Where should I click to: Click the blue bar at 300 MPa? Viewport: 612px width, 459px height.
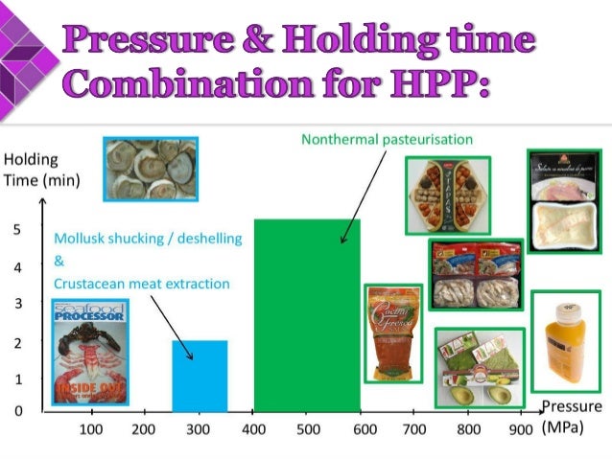pyautogui.click(x=200, y=376)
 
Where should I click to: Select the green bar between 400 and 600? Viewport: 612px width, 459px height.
pyautogui.click(x=307, y=316)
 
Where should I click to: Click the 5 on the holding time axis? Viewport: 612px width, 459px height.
pyautogui.click(x=17, y=230)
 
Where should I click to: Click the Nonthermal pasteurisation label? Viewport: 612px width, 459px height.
pyautogui.click(x=387, y=140)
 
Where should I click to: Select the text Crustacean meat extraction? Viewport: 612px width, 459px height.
pyautogui.click(x=142, y=284)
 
